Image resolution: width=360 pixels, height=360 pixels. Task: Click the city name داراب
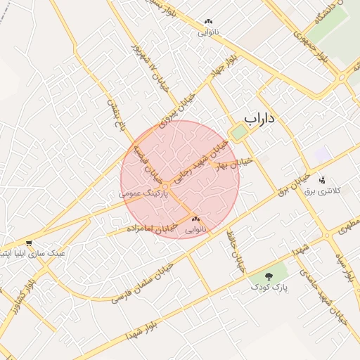coord(258,120)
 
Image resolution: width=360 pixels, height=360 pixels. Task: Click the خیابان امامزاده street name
coord(149,228)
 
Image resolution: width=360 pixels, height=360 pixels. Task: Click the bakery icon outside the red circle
coord(207,22)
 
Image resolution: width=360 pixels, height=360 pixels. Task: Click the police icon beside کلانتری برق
coord(323,180)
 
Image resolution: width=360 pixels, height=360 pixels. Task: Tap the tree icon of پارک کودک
coord(271,276)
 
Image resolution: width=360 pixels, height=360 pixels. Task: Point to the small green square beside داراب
coord(239,132)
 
